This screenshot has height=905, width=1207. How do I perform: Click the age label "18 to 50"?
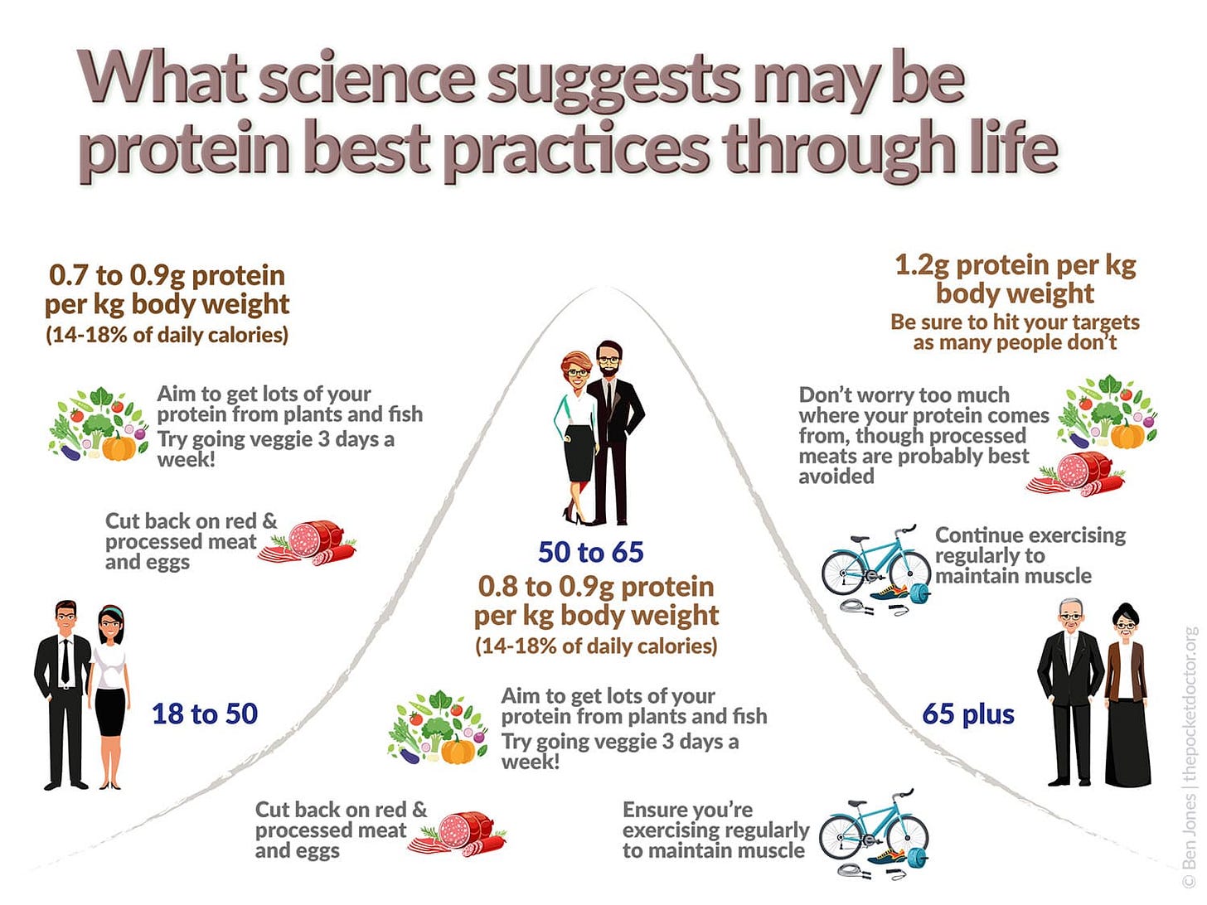205,714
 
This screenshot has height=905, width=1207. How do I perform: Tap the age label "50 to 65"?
590,552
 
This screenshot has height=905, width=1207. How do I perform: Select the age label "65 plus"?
968,714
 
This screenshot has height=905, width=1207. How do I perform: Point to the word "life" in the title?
1019,149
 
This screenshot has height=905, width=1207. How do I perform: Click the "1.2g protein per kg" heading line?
1015,265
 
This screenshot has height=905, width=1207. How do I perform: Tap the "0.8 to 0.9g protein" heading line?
595,587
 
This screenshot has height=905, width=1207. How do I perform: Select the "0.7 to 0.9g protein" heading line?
167,275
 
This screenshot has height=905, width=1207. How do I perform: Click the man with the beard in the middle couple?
616,431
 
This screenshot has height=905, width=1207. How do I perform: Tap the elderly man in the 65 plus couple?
1071,692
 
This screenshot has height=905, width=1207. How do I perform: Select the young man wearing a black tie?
64,692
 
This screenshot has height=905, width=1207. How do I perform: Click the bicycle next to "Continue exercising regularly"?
875,564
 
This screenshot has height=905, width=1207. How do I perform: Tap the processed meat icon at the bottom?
461,835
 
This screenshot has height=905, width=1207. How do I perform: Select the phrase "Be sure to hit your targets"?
1015,322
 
